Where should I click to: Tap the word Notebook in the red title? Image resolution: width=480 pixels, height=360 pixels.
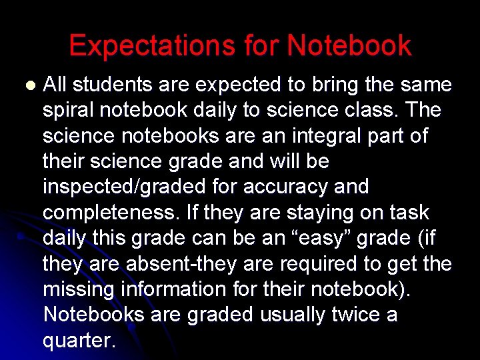click(x=349, y=46)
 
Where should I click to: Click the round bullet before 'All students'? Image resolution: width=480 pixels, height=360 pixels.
click(x=29, y=86)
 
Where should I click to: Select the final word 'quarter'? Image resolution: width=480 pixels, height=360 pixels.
click(x=79, y=340)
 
